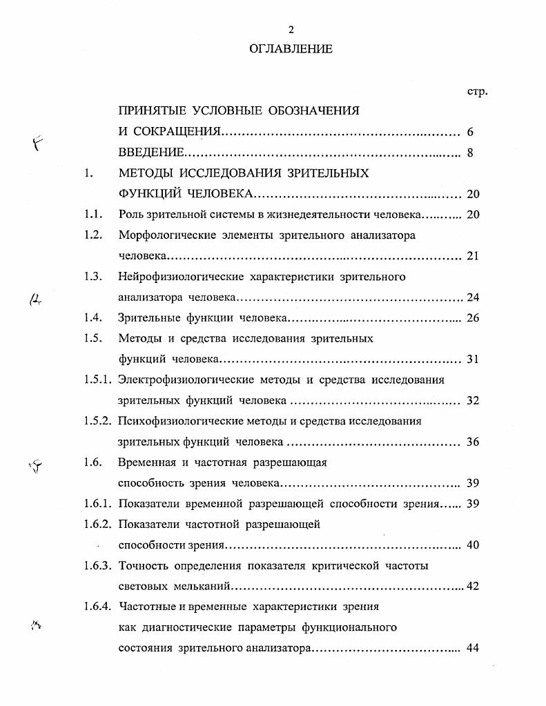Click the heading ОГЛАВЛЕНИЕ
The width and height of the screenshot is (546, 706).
(x=291, y=48)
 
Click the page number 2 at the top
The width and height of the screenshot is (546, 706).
(x=291, y=29)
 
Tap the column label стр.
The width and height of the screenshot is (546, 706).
(x=477, y=91)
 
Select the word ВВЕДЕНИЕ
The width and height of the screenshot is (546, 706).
(x=151, y=153)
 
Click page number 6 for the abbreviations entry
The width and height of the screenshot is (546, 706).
(x=470, y=132)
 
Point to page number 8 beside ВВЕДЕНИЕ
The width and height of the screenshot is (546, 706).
(x=470, y=153)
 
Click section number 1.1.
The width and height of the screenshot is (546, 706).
(x=93, y=215)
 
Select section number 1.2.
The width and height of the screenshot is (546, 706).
(x=93, y=235)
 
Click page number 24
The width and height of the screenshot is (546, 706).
(x=473, y=297)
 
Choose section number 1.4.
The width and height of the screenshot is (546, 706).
(x=93, y=318)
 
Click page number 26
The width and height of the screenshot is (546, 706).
(x=473, y=318)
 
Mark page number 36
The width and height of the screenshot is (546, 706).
(x=473, y=442)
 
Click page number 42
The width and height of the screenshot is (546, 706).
(x=473, y=587)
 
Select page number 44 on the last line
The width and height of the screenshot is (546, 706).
(x=473, y=648)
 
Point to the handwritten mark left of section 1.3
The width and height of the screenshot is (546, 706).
(x=35, y=299)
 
